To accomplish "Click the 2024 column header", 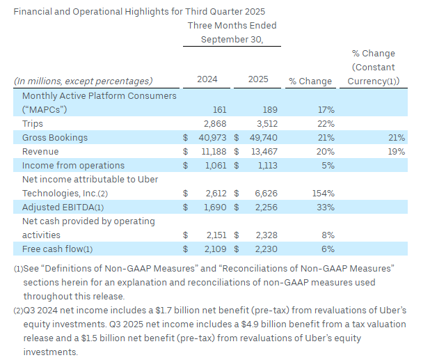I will tap(207, 79).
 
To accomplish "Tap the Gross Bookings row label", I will tap(55, 137).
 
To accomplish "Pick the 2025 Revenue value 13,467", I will tap(262, 151).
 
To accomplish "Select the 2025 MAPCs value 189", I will tap(269, 109).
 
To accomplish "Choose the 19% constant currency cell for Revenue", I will tap(397, 151).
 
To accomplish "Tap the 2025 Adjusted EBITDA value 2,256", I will tap(265, 207).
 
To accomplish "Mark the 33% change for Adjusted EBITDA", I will tap(325, 207).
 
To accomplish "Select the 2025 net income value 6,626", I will tap(265, 193).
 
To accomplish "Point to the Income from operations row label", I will tap(73, 165).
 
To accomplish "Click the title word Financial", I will tap(33, 11).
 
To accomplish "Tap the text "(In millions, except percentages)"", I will tap(83, 81).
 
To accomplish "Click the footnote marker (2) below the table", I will tap(18, 311).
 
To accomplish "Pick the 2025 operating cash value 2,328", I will tap(265, 235).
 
